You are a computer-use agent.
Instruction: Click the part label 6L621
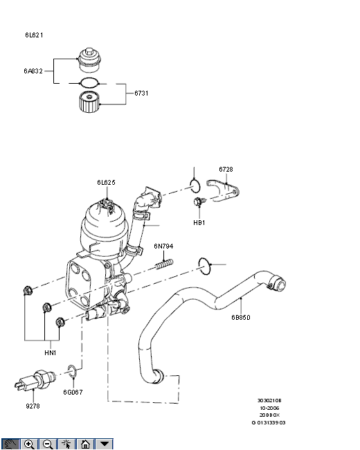tap(34, 35)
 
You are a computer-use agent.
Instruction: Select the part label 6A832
tap(33, 71)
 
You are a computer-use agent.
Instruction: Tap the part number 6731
tap(141, 93)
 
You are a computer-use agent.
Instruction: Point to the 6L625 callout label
tap(106, 183)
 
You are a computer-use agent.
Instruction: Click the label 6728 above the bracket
tap(226, 170)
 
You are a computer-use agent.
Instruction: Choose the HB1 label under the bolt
tap(199, 223)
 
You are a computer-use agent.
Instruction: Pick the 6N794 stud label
tap(163, 246)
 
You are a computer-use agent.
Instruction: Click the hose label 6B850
tap(241, 317)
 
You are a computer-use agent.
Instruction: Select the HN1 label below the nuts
tap(51, 352)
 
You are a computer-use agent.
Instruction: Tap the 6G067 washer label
tap(73, 392)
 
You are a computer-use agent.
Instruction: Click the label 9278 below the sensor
tap(33, 406)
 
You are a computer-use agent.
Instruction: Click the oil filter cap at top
tap(90, 60)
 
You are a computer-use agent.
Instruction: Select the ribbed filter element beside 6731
tap(89, 102)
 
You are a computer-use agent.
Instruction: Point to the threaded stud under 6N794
tap(165, 264)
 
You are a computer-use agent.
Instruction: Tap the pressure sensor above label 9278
tap(35, 380)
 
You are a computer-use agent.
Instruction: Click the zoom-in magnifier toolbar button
tap(29, 444)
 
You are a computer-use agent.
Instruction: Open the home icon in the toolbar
tap(85, 444)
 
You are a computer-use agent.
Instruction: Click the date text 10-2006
tap(269, 408)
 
